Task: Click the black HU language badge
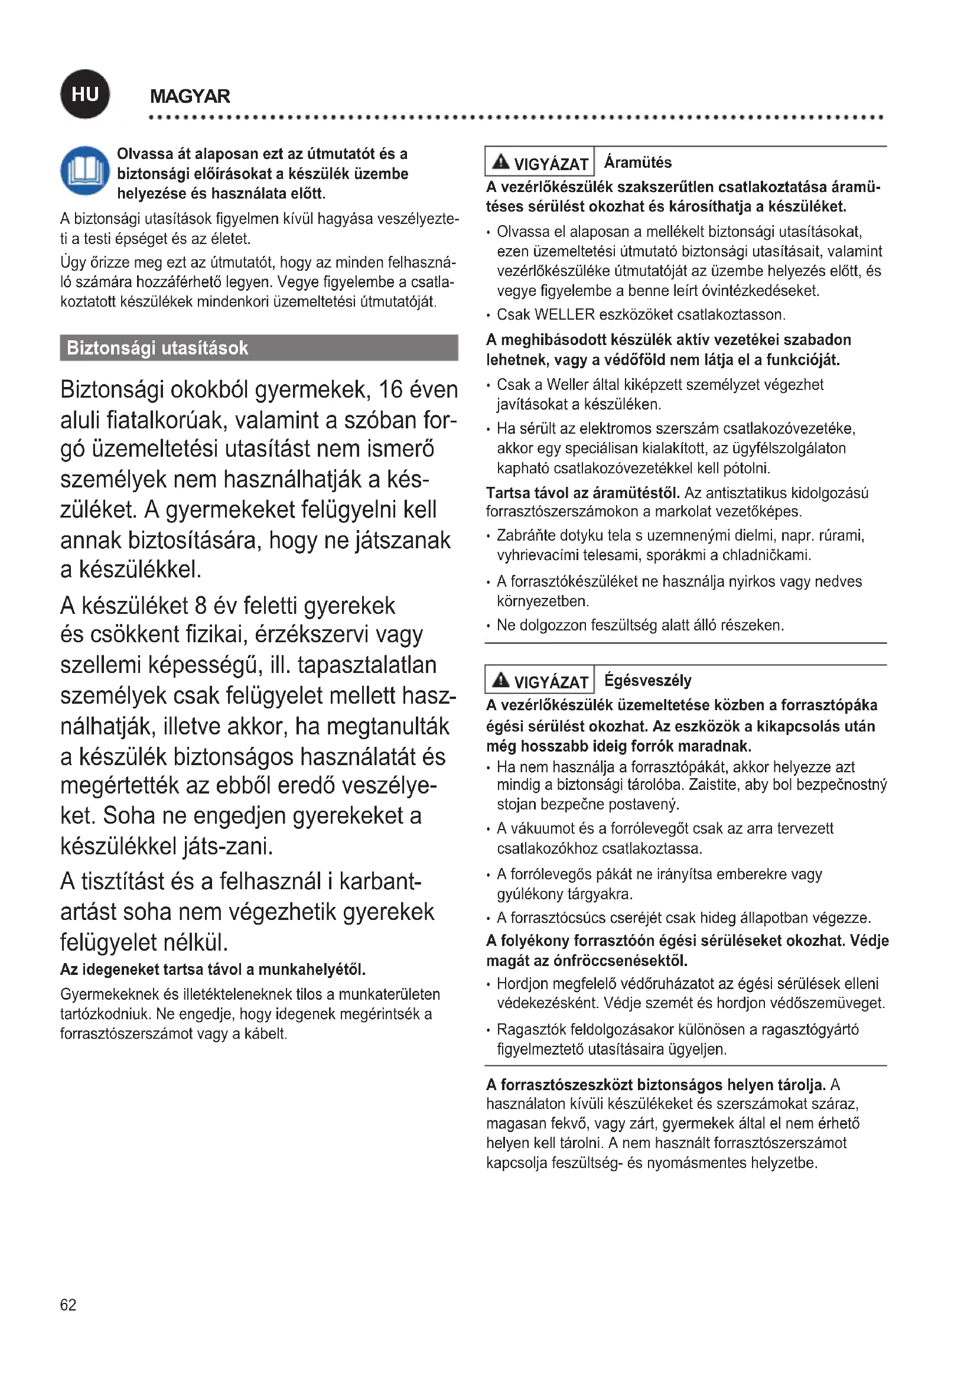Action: point(85,94)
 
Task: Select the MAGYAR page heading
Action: point(190,96)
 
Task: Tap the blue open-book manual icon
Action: point(85,171)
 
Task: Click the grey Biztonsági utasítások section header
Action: point(259,348)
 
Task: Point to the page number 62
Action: point(68,1305)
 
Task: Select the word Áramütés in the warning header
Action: point(638,162)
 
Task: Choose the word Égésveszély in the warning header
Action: point(648,680)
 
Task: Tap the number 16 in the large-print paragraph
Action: point(390,390)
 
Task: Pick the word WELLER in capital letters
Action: point(564,314)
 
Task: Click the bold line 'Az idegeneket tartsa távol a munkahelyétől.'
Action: point(213,969)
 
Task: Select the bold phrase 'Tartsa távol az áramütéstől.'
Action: point(582,493)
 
